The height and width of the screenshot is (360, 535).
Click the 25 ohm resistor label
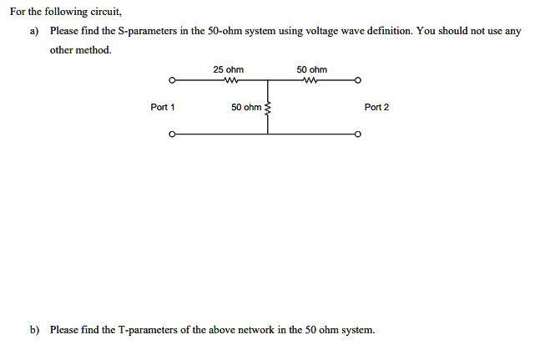(x=228, y=69)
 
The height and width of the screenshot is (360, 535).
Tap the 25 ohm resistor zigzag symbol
(x=231, y=81)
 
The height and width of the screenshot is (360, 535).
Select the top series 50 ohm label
(x=311, y=69)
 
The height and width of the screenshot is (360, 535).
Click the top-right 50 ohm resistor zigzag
(x=310, y=81)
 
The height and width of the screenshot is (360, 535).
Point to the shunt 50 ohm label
(x=246, y=107)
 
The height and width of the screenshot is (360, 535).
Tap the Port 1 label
(x=163, y=107)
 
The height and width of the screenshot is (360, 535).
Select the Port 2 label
(x=376, y=107)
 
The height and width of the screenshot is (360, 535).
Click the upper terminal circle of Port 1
(x=172, y=81)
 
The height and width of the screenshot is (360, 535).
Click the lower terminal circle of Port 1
(x=172, y=134)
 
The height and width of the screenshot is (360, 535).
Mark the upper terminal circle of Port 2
(x=357, y=81)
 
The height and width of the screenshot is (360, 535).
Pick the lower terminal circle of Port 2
(x=357, y=134)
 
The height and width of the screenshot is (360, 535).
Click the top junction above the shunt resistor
(x=267, y=81)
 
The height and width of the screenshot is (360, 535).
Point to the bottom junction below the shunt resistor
(x=267, y=134)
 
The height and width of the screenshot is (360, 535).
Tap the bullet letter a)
(x=34, y=32)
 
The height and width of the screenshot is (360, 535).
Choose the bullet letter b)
(x=34, y=330)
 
